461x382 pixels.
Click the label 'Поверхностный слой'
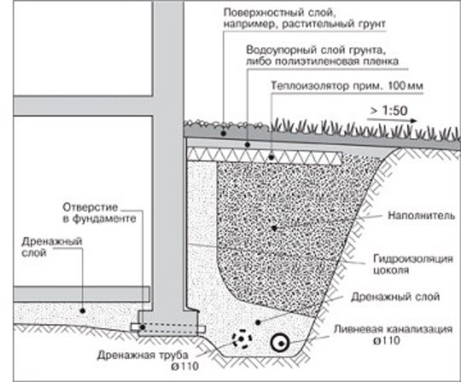278,13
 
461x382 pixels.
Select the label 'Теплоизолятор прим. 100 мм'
347,86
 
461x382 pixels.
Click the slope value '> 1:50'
388,110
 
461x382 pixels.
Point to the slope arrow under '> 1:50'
392,120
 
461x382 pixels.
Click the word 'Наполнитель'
422,215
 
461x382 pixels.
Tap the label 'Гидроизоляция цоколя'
413,264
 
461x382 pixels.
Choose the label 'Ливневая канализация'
393,329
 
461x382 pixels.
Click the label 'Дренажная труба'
143,355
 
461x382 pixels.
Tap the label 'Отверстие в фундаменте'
99,213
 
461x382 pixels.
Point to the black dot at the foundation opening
143,327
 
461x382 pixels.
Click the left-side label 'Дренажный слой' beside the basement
52,247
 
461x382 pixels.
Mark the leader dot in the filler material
274,228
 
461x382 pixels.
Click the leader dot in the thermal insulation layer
271,157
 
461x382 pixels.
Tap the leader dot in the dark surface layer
224,133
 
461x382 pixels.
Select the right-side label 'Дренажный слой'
395,297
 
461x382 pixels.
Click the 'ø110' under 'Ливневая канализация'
387,340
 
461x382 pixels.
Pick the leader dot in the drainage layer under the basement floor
83,310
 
